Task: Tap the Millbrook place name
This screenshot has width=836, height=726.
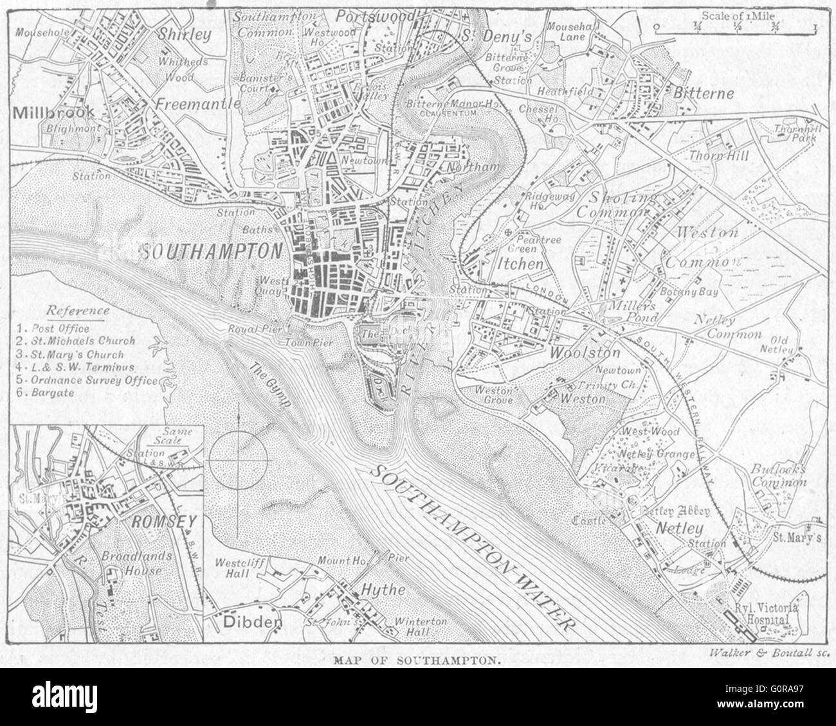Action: pos(53,112)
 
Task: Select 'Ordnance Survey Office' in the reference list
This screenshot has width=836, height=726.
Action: pos(86,380)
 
